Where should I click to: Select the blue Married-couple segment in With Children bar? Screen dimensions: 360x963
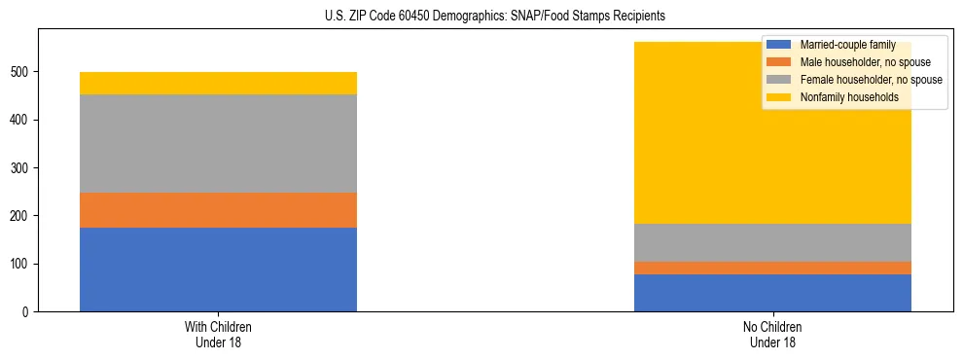pyautogui.click(x=218, y=270)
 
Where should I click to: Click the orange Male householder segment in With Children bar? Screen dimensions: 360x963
pyautogui.click(x=218, y=210)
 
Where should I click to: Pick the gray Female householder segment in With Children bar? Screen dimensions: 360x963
pyautogui.click(x=218, y=144)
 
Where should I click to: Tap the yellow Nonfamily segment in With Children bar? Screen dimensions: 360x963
pyautogui.click(x=218, y=84)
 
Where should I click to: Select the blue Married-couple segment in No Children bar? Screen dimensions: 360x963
pyautogui.click(x=772, y=293)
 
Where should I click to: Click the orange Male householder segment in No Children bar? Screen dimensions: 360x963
pyautogui.click(x=772, y=268)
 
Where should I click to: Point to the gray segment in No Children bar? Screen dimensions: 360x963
pyautogui.click(x=772, y=242)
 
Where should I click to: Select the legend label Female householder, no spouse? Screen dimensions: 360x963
pyautogui.click(x=870, y=80)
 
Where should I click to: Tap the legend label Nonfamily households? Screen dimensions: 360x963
pyautogui.click(x=846, y=97)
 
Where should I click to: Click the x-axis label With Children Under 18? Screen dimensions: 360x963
pyautogui.click(x=218, y=335)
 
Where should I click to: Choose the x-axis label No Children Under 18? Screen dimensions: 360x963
pyautogui.click(x=772, y=335)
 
